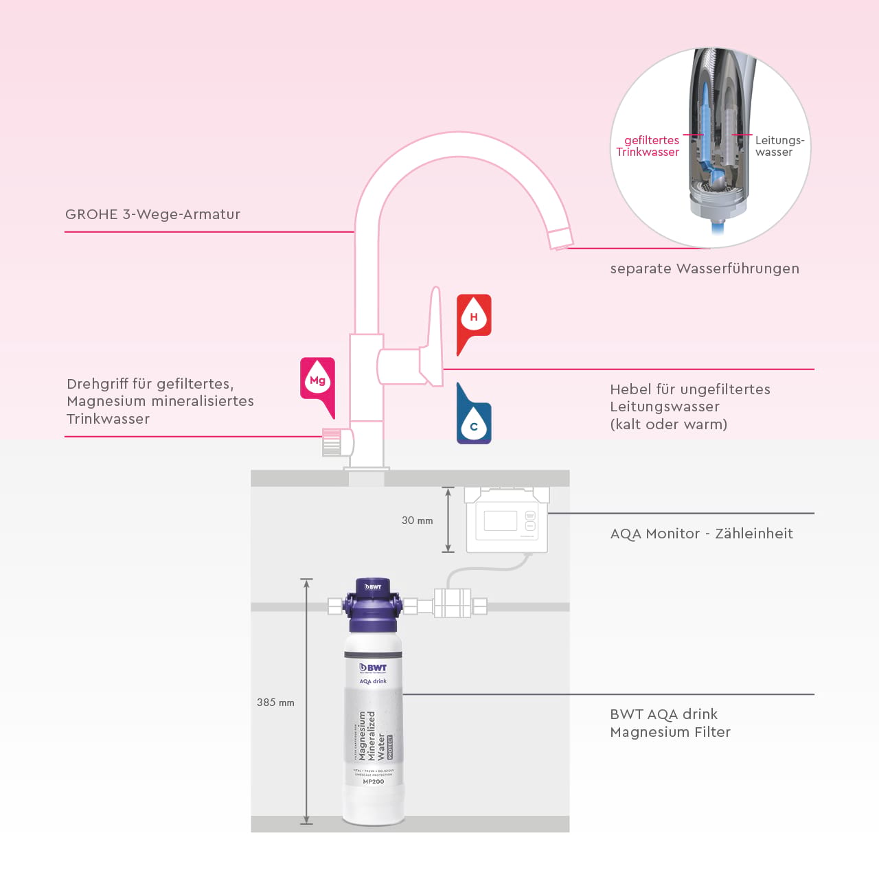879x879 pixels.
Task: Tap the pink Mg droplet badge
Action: (x=317, y=380)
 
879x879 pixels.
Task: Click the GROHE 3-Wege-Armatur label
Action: (x=152, y=214)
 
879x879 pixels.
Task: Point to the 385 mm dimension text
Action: (x=275, y=703)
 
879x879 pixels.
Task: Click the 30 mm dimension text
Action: (x=417, y=521)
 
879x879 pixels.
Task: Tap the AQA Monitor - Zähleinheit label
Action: (x=701, y=534)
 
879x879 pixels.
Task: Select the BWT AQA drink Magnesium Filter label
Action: (x=670, y=723)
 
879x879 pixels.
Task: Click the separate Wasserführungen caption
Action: (x=705, y=269)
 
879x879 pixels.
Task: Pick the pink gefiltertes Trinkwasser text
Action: (x=648, y=146)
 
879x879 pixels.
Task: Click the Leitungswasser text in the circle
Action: (x=779, y=146)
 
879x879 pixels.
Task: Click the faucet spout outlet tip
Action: (x=560, y=238)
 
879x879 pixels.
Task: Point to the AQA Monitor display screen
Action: (x=500, y=521)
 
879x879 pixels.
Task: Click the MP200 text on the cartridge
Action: (x=374, y=781)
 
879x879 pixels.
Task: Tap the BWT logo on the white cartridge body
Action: (x=374, y=667)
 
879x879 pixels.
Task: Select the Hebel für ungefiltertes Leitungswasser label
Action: (x=689, y=407)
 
